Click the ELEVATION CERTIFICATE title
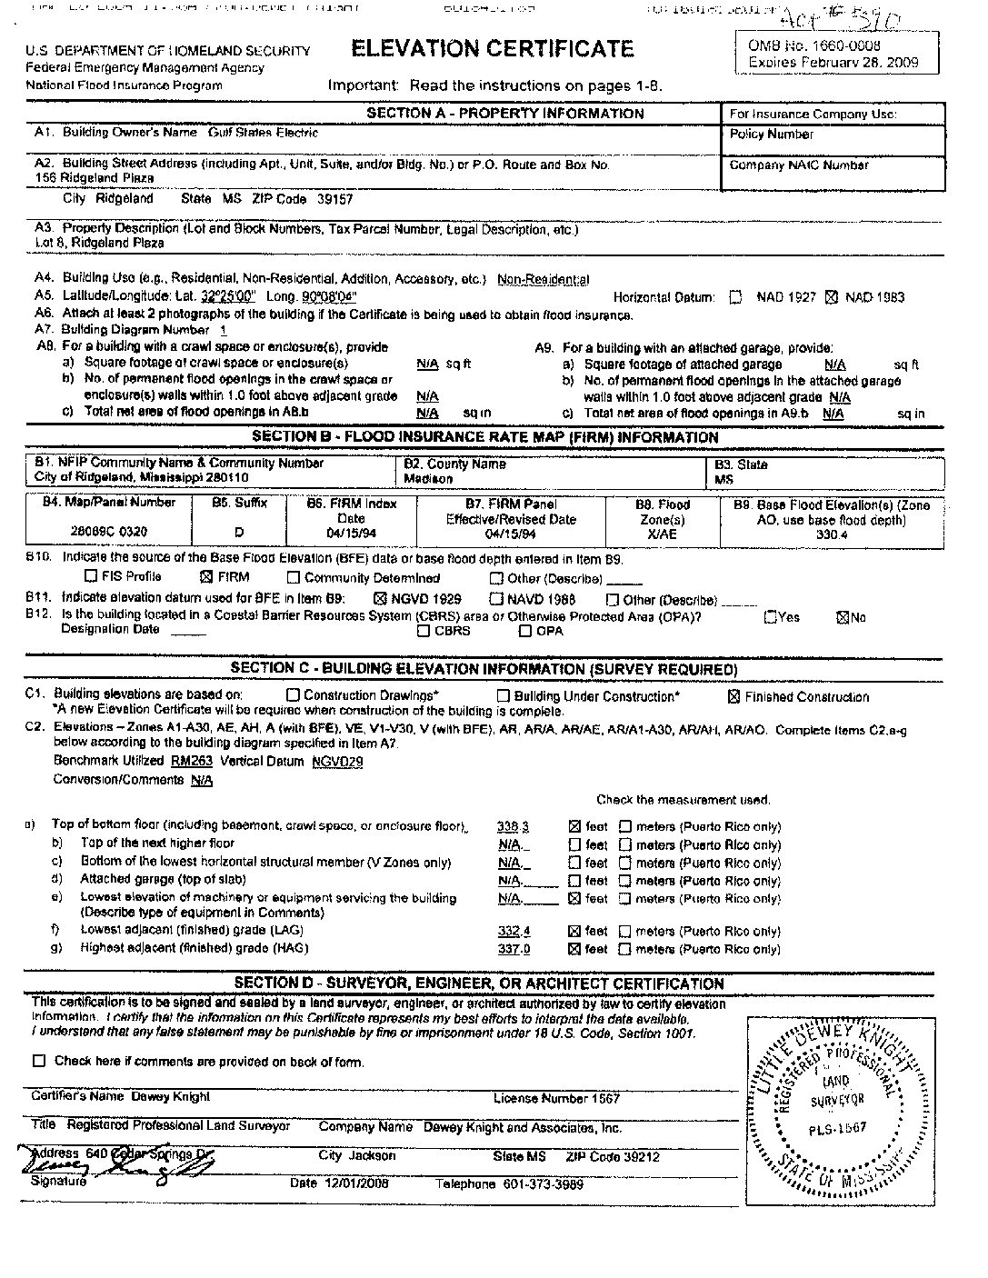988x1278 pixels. tap(492, 49)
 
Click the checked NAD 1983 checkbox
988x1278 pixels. tap(830, 297)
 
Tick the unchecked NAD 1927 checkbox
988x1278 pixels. tap(736, 297)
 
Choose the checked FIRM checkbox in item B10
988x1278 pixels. tap(205, 576)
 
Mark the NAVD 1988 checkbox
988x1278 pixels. tap(496, 599)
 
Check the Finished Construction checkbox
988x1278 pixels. tap(734, 697)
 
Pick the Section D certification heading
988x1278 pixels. tap(479, 983)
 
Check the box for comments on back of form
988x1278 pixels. tap(39, 1061)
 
